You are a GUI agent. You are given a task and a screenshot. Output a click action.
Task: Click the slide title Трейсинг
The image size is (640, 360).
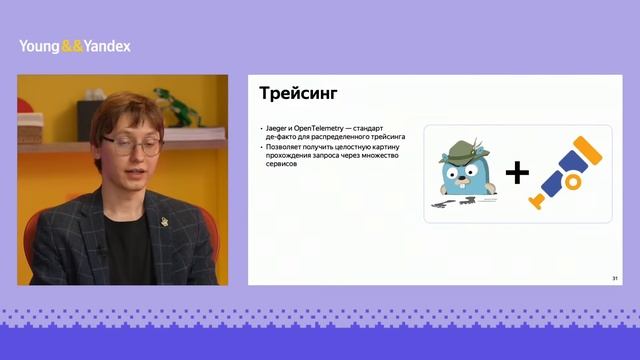pos(298,95)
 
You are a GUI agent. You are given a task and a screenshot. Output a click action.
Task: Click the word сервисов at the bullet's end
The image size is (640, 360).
pos(281,164)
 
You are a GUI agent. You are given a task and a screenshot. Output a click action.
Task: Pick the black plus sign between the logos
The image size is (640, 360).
pos(516,174)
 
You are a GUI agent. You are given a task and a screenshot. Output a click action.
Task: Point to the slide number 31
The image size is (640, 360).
pos(613,277)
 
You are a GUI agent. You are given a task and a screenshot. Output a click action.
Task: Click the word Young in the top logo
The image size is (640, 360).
pos(39,46)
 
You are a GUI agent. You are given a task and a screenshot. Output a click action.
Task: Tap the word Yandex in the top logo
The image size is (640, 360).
pos(107,46)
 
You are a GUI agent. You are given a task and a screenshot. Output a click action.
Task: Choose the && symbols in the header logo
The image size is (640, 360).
pos(72,46)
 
